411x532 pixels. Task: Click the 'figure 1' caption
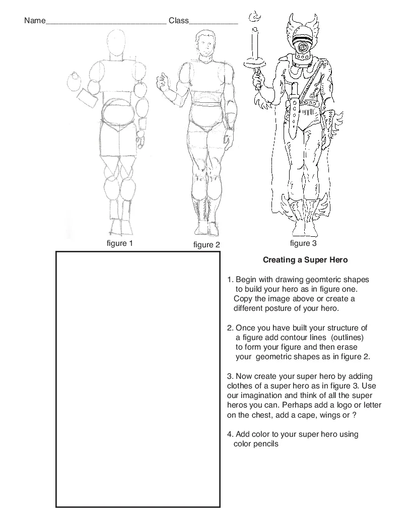[119, 244]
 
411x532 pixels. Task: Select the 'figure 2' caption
[207, 245]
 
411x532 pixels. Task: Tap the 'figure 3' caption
[303, 243]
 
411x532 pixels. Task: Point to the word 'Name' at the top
[34, 21]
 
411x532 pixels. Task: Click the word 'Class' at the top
[178, 21]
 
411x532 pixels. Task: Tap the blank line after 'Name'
[106, 23]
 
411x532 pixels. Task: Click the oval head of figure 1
[118, 44]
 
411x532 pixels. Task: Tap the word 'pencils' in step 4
[265, 444]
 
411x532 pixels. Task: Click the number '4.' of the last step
[230, 434]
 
